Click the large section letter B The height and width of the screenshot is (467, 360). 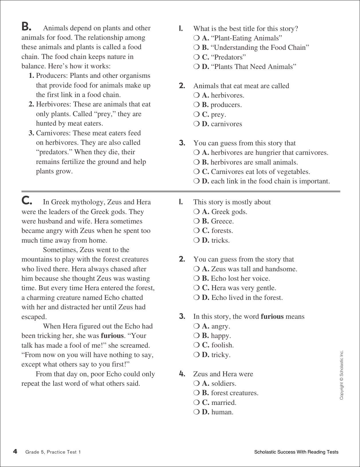click(x=26, y=27)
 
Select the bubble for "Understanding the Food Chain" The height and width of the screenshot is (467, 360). click(x=196, y=48)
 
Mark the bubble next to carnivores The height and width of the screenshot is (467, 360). click(x=196, y=124)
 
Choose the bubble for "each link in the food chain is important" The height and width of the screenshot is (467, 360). click(x=196, y=181)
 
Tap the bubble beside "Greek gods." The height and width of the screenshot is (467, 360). click(x=196, y=212)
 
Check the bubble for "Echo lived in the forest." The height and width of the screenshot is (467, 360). click(x=196, y=298)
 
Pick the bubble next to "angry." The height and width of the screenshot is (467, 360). click(x=196, y=326)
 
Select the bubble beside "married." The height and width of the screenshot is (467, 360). click(x=196, y=403)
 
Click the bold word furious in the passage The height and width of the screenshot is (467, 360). click(x=112, y=336)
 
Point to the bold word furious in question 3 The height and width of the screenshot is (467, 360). click(x=272, y=316)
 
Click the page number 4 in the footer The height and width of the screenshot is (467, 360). click(x=15, y=452)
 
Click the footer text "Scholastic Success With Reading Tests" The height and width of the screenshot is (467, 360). click(x=296, y=452)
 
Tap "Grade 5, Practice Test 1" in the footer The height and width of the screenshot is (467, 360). click(x=53, y=452)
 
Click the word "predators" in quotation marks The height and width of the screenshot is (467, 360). click(x=54, y=152)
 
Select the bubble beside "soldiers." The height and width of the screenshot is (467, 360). click(x=196, y=383)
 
